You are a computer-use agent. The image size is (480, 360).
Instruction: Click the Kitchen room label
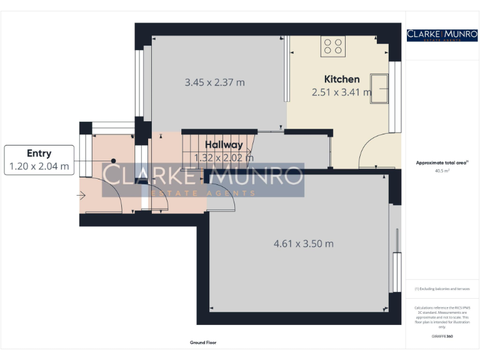341,79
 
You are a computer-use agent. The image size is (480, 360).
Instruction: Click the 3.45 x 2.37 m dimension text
214,82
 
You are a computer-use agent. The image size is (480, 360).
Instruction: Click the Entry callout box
39,160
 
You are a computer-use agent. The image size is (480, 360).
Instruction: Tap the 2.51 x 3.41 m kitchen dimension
341,92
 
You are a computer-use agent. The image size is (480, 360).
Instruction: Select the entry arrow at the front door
81,196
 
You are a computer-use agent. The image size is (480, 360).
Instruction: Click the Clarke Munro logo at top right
442,35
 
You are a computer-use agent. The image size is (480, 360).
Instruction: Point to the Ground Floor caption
203,342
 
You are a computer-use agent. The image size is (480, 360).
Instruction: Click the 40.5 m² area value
442,170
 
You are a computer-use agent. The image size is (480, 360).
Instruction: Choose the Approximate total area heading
441,162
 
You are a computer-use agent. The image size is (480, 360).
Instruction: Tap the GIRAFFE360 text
442,337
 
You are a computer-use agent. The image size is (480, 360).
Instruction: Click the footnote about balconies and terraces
442,289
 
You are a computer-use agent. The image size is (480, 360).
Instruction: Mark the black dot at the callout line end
113,161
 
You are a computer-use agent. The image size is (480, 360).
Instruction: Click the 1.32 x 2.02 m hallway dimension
224,157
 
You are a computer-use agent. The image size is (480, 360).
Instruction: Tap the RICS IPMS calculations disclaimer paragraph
442,317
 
